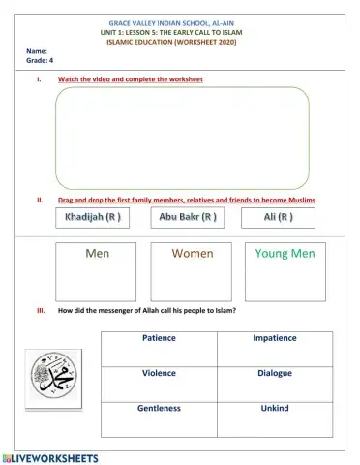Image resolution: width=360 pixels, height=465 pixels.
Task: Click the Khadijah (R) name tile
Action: pos(93,218)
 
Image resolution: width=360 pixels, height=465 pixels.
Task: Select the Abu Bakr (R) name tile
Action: pos(187,218)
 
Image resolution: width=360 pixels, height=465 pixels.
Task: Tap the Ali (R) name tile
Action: pos(278,218)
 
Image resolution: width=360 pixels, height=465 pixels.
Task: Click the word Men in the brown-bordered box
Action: pos(97,254)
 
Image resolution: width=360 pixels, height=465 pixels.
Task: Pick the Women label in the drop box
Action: pos(192,254)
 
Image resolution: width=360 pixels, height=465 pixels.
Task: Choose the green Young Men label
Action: pos(285,254)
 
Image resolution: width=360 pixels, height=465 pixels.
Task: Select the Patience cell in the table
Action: pos(159,339)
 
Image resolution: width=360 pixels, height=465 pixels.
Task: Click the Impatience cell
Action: pos(275,339)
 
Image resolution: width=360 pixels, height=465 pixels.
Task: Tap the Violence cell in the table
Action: pos(159,373)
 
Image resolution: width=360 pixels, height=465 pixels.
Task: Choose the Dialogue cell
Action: pos(275,373)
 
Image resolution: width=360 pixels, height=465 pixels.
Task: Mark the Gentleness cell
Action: pos(159,408)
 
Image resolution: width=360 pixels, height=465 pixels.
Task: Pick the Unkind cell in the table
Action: pos(275,408)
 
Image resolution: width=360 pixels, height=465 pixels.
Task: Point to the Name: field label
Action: pos(37,50)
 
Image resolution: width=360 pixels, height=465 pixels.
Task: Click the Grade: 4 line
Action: pos(39,60)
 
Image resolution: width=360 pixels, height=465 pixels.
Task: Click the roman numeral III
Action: pos(40,311)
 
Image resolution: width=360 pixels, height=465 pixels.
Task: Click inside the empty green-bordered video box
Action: pos(182,136)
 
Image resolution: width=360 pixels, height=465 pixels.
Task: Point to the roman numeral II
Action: pos(39,200)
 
